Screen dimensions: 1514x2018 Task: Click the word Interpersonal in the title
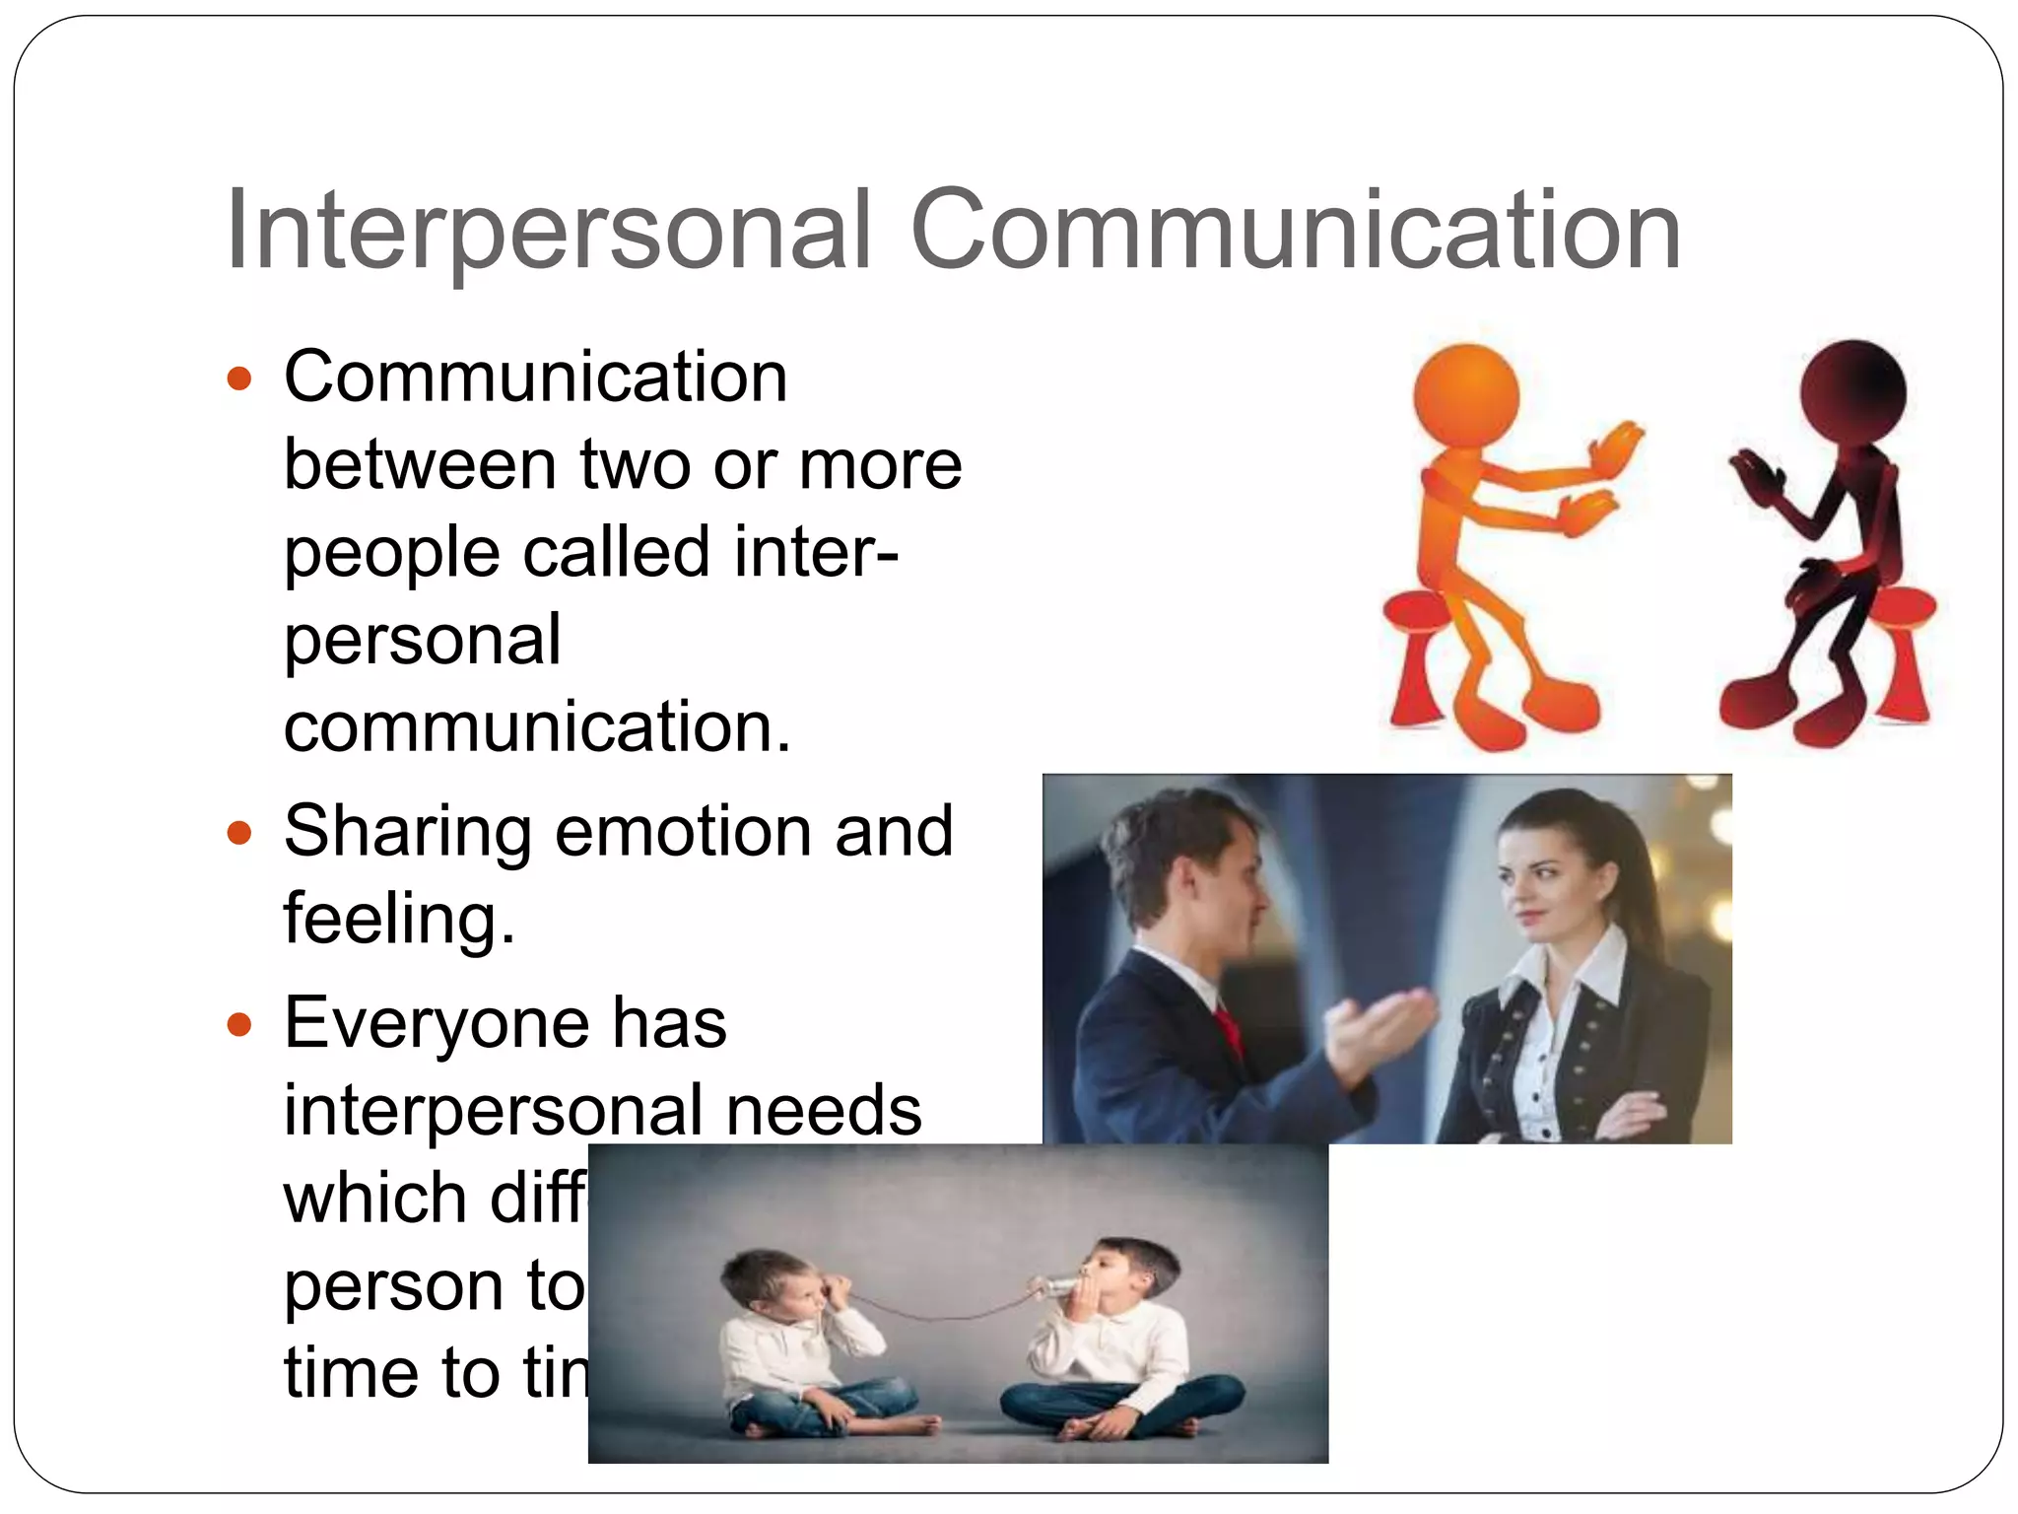[x=548, y=232]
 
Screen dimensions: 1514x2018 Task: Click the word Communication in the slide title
[x=1295, y=232]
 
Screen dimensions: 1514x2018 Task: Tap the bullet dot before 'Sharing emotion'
[x=239, y=834]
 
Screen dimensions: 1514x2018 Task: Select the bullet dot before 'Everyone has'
[x=239, y=1025]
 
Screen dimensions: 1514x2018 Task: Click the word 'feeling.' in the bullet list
[x=399, y=919]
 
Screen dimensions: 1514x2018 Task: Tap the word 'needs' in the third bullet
[x=823, y=1111]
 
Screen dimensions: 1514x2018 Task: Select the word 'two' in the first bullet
[x=635, y=464]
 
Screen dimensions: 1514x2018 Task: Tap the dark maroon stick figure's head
[x=1852, y=391]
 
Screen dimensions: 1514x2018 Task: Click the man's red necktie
[x=1229, y=1031]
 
